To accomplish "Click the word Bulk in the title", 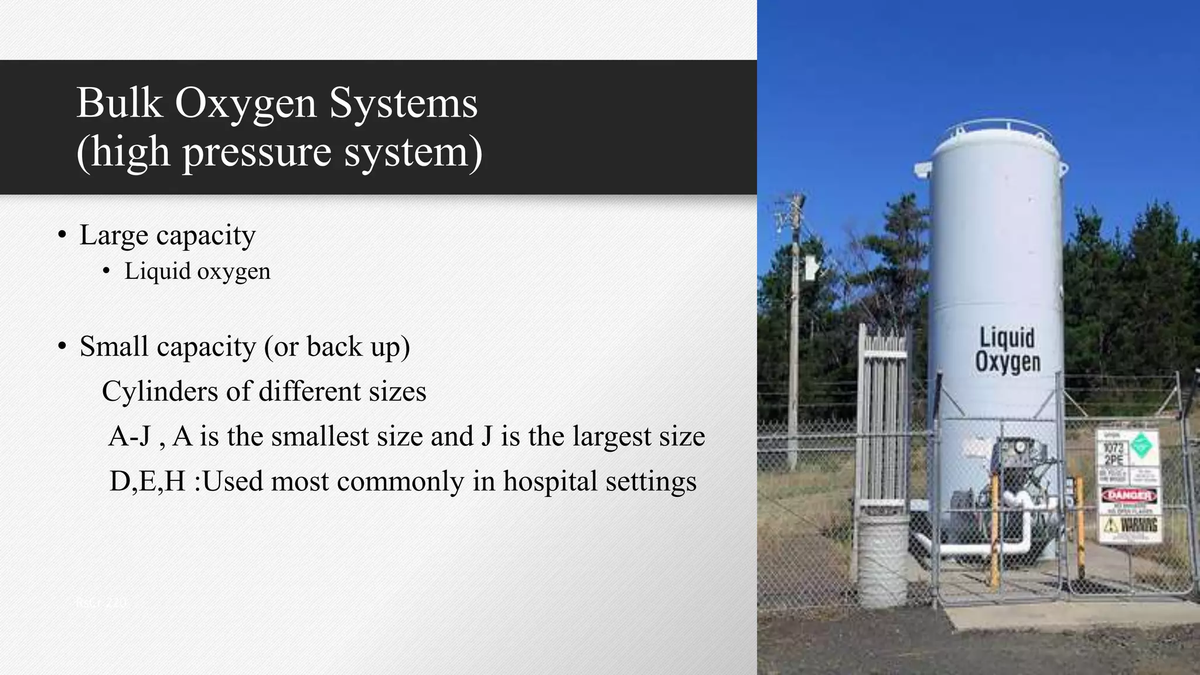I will pyautogui.click(x=119, y=103).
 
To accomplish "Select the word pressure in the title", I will pyautogui.click(x=257, y=152).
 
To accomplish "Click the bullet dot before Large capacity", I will pyautogui.click(x=62, y=236).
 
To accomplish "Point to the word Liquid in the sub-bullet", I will pyautogui.click(x=158, y=271).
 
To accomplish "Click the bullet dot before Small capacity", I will pyautogui.click(x=62, y=346).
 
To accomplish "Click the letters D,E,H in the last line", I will pyautogui.click(x=147, y=481).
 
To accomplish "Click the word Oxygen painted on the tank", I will pyautogui.click(x=1007, y=362).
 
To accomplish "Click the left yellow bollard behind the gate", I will pyautogui.click(x=994, y=527).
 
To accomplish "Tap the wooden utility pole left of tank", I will pyautogui.click(x=795, y=328).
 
